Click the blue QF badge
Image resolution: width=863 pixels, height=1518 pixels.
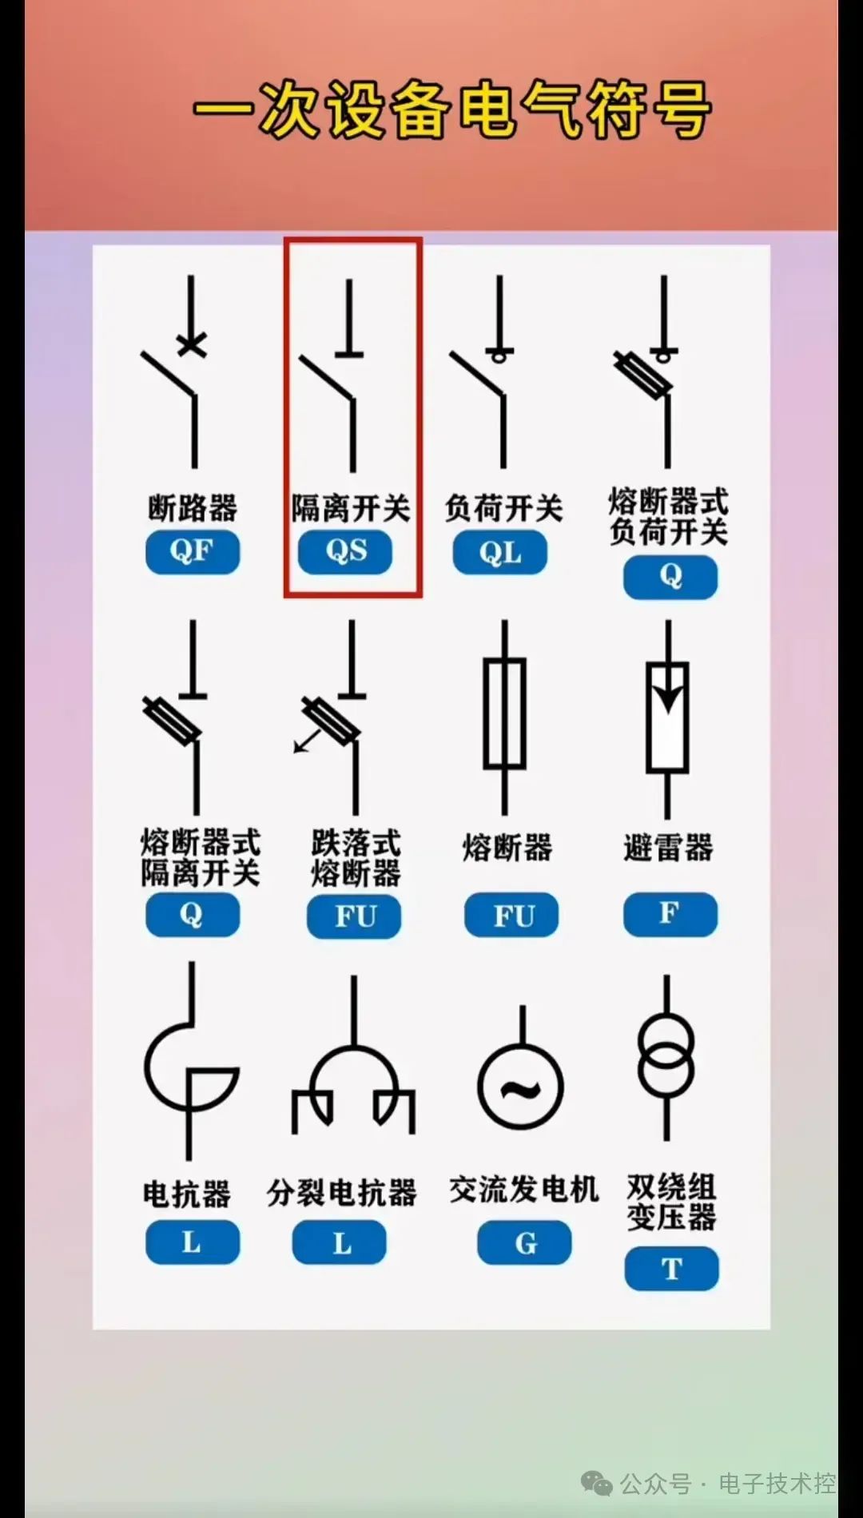coord(193,551)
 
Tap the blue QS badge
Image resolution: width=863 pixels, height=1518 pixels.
coord(345,551)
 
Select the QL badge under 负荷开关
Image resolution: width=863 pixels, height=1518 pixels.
coord(500,552)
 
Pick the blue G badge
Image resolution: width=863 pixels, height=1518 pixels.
coord(525,1242)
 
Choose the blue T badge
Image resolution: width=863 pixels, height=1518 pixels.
coord(671,1268)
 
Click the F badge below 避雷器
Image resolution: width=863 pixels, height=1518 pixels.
coord(670,914)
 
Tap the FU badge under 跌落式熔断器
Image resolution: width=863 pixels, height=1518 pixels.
coord(354,916)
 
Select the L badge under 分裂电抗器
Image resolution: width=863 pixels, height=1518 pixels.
coord(340,1242)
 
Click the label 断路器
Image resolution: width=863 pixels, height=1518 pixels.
coord(193,507)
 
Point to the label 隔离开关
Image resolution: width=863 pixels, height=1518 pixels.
coord(351,507)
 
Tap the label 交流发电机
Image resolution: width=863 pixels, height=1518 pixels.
coord(524,1190)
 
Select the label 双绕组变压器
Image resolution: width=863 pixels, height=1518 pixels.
coord(671,1202)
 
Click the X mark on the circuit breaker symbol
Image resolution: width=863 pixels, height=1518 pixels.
coord(192,344)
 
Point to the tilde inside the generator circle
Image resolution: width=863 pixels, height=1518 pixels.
coord(521,1088)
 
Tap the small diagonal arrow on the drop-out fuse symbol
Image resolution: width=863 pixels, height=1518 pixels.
coord(308,740)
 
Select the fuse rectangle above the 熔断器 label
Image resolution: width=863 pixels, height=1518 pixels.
coord(504,713)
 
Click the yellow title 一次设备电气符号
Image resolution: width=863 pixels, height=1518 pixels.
coord(452,109)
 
